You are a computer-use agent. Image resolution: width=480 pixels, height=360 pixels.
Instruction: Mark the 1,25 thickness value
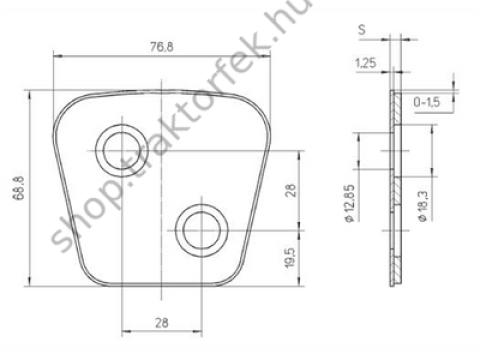tap(364, 63)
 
